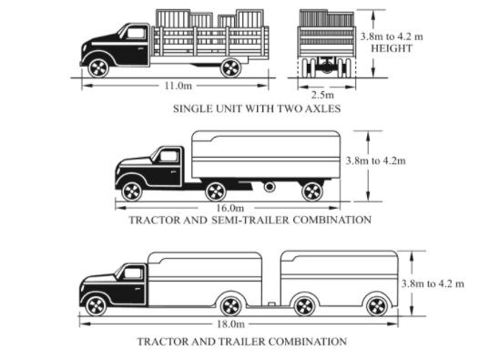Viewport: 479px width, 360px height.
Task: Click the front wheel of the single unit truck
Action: tap(97, 67)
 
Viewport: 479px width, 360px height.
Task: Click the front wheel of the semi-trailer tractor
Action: tap(132, 190)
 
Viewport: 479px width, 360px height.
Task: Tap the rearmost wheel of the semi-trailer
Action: tap(312, 190)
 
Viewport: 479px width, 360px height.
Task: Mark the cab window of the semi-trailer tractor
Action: tap(168, 157)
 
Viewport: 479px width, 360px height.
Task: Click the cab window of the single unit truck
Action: tap(135, 34)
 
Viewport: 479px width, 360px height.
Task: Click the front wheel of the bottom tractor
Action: tap(97, 304)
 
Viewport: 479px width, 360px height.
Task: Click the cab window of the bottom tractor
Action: tap(134, 273)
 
